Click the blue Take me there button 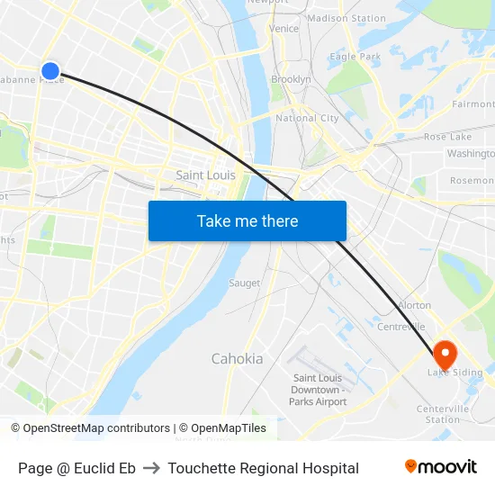pos(247,220)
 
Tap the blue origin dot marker pos(50,70)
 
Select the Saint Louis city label pos(205,175)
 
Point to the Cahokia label pos(237,359)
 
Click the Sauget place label pos(244,283)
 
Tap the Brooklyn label pos(291,79)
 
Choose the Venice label pos(283,29)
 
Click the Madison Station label pos(346,18)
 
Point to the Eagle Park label pos(355,57)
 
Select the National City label pos(307,118)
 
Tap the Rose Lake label pos(447,137)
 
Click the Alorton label pos(414,305)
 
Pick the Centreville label pos(400,326)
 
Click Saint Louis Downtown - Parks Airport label pos(318,390)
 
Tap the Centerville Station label pos(443,414)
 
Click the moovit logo pos(441,467)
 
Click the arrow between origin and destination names pos(151,468)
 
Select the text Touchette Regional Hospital pos(263,468)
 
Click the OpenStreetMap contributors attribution pos(90,428)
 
